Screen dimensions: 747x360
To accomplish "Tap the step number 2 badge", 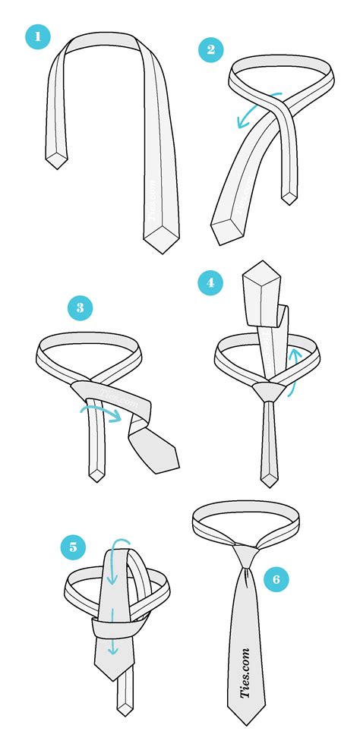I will [x=210, y=50].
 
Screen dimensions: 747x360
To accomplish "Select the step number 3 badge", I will [x=79, y=308].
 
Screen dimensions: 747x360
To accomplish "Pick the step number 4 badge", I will [x=210, y=284].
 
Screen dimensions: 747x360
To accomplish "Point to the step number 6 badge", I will [x=276, y=579].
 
